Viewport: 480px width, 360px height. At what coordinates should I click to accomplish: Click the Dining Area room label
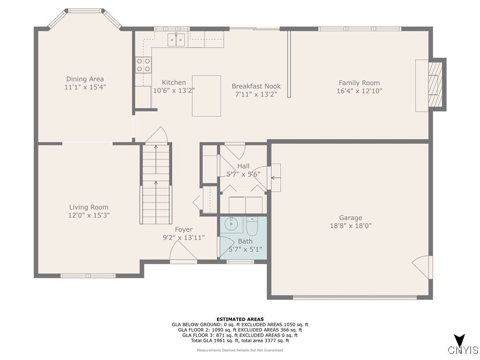[x=85, y=79]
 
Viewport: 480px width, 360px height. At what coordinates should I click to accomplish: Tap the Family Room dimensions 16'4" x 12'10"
[x=360, y=91]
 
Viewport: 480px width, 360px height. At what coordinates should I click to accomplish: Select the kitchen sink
[x=176, y=40]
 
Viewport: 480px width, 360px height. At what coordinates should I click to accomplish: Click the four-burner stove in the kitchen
[x=143, y=65]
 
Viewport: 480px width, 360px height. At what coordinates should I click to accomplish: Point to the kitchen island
[x=207, y=96]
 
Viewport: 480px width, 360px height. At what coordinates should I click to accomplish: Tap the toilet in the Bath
[x=253, y=225]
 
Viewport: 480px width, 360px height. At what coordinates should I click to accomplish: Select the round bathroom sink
[x=231, y=224]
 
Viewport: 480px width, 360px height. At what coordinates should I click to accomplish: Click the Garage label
[x=351, y=217]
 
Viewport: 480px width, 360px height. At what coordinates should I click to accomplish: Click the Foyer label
[x=184, y=229]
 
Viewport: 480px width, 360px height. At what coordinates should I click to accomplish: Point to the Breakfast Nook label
[x=256, y=86]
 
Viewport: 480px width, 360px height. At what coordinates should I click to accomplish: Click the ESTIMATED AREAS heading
[x=240, y=319]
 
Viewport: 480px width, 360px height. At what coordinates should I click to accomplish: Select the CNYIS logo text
[x=463, y=350]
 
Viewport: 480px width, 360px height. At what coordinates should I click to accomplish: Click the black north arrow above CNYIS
[x=459, y=340]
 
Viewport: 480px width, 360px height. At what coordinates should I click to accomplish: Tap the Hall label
[x=243, y=166]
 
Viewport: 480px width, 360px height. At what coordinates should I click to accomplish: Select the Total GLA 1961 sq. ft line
[x=240, y=340]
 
